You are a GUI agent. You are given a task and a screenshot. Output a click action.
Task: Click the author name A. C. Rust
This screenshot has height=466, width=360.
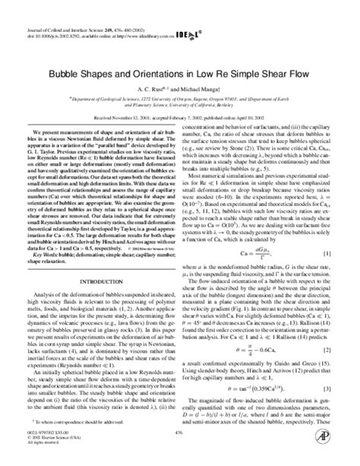[x=152, y=88]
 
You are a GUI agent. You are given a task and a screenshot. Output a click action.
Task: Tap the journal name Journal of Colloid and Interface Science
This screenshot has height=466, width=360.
[x=52, y=8]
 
